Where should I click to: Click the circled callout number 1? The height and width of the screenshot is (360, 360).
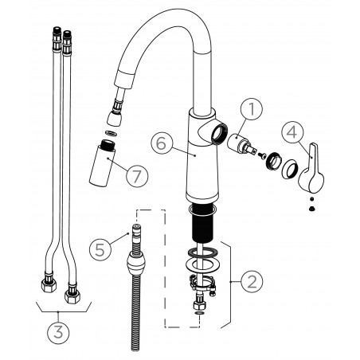[252, 109]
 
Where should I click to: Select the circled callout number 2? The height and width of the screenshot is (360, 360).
[252, 281]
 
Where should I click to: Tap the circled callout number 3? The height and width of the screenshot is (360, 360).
[58, 333]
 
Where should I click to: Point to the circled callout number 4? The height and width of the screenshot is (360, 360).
[292, 132]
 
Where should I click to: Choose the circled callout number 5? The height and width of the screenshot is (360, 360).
[100, 250]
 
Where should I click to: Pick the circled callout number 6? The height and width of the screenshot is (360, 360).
[162, 143]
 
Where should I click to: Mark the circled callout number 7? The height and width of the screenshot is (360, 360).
[137, 176]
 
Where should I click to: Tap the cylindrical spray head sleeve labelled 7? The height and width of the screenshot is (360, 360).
[102, 162]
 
